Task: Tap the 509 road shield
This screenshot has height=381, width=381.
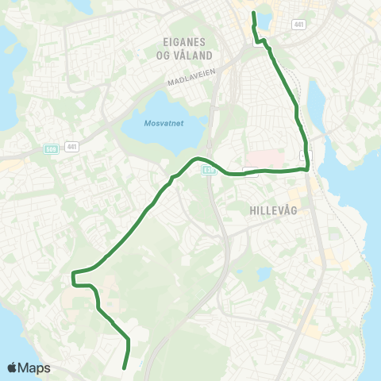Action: [x=51, y=148]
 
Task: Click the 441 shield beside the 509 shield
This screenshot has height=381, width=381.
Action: [x=72, y=146]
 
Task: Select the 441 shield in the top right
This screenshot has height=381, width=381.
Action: [x=298, y=25]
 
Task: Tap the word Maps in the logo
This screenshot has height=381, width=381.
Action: [x=35, y=368]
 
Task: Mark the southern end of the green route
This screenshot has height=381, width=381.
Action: [x=125, y=368]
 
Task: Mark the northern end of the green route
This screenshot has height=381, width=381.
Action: [x=253, y=13]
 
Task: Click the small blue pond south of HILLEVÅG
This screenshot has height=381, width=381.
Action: [x=264, y=275]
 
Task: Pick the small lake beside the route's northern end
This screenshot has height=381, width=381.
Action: [x=264, y=19]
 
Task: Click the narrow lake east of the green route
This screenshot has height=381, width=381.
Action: [x=316, y=104]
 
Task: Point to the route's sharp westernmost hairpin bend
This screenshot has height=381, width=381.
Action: [x=73, y=277]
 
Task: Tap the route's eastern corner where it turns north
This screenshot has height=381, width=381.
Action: [x=306, y=167]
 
